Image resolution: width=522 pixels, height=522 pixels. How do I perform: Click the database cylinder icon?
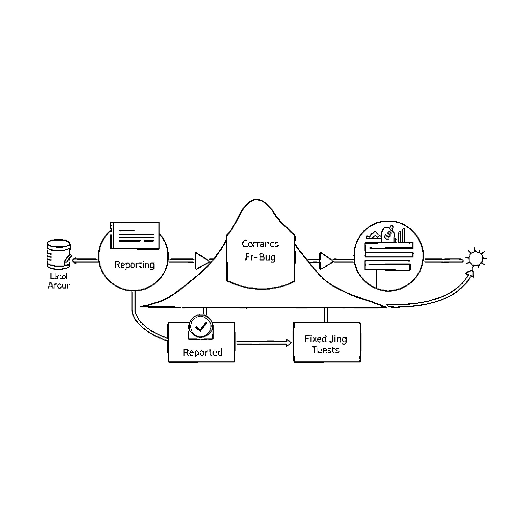click(x=59, y=254)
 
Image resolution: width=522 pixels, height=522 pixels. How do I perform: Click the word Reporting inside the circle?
click(x=135, y=265)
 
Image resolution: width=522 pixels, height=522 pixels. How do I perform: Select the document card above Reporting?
click(x=135, y=235)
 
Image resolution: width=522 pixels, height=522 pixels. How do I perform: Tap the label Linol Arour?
click(x=59, y=281)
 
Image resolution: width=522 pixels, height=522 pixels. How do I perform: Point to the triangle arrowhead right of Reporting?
click(x=202, y=261)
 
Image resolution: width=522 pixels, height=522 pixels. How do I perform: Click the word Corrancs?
click(x=260, y=244)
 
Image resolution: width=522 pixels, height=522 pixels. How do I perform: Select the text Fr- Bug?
click(x=260, y=257)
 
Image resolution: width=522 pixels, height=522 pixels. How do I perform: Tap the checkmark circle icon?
click(x=201, y=327)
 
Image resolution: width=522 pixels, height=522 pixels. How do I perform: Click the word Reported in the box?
click(x=203, y=352)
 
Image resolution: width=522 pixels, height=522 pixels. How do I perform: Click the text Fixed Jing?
click(x=325, y=339)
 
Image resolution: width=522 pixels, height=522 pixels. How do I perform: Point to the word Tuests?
click(x=325, y=350)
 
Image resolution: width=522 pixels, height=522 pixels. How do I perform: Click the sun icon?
click(x=476, y=258)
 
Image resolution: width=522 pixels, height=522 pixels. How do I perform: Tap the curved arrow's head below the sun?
click(x=471, y=273)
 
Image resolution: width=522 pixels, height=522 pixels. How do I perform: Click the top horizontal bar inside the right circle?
click(x=389, y=246)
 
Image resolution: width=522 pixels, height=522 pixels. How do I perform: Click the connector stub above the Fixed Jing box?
click(x=326, y=315)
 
